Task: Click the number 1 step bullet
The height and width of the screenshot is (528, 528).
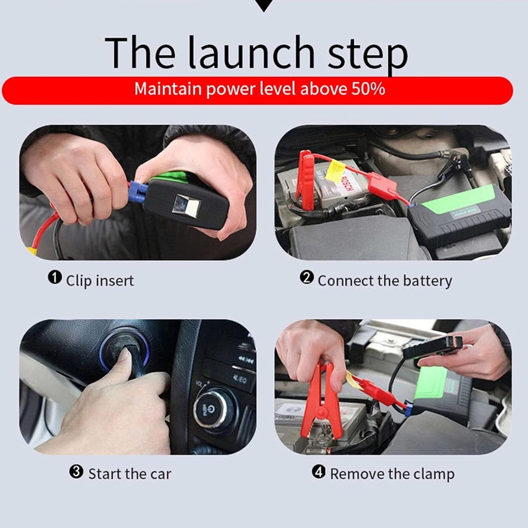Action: pos(54,278)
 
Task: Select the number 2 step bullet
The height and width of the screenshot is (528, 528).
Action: pos(307,278)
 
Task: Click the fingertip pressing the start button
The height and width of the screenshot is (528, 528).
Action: pos(126,354)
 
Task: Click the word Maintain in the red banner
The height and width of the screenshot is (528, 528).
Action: pos(168,89)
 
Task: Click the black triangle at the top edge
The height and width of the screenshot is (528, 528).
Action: pos(263,4)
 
